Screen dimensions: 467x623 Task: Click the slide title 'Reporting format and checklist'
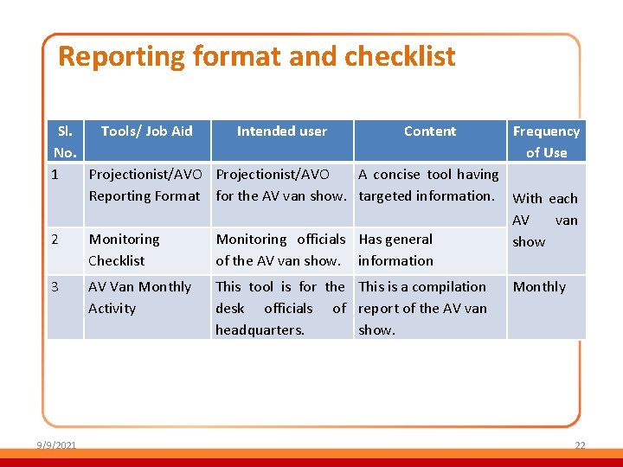point(256,57)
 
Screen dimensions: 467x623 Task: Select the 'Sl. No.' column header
point(65,142)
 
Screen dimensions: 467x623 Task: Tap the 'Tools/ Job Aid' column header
point(146,131)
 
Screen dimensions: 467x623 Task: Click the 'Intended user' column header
point(282,131)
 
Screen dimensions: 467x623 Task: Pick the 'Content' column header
point(429,131)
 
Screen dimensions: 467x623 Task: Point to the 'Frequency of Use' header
point(546,142)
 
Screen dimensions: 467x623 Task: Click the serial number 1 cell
point(55,175)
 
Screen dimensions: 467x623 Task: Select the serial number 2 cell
point(55,240)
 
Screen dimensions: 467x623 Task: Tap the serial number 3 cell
point(55,287)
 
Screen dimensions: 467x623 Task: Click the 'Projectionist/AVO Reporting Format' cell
point(145,185)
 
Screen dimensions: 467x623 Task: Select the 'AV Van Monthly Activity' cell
point(139,297)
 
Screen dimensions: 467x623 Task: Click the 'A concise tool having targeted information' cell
point(428,185)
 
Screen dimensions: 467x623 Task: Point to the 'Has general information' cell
point(395,250)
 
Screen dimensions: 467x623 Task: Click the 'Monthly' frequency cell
point(539,287)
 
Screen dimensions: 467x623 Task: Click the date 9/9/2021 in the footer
point(56,445)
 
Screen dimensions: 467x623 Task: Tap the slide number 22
point(580,445)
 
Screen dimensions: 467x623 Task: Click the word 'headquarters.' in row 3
point(260,330)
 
